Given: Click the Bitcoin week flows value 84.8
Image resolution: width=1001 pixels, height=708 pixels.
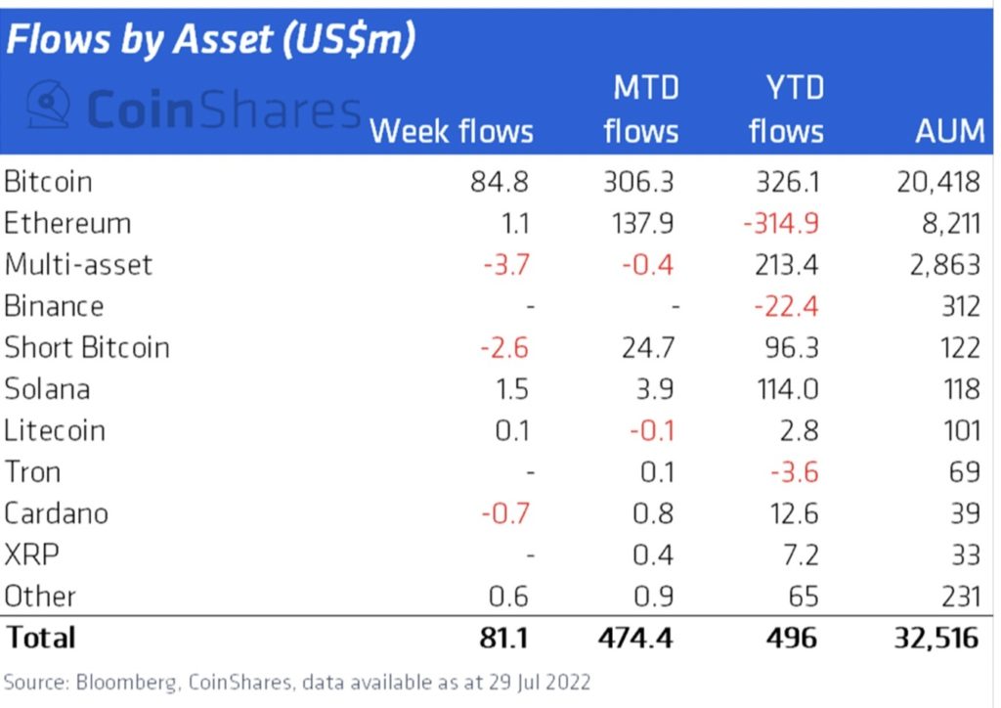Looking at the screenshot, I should (x=500, y=182).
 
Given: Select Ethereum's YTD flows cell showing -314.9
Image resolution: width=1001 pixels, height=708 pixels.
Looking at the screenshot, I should (x=779, y=223).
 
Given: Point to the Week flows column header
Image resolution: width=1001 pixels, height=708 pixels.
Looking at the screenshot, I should (x=452, y=131).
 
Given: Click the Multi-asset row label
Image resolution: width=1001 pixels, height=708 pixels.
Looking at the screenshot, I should (x=78, y=265).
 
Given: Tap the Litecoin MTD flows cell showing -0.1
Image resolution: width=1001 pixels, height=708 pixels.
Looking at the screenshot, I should (x=648, y=431).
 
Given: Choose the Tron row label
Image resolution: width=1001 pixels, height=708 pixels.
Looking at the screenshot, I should (x=32, y=472).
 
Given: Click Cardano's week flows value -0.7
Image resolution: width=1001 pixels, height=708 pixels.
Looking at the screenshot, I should (x=503, y=514).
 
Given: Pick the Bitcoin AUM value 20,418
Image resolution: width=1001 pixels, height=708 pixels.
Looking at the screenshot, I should (x=937, y=182).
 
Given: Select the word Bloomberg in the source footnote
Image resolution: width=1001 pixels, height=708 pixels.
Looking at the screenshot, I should (x=110, y=682).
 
